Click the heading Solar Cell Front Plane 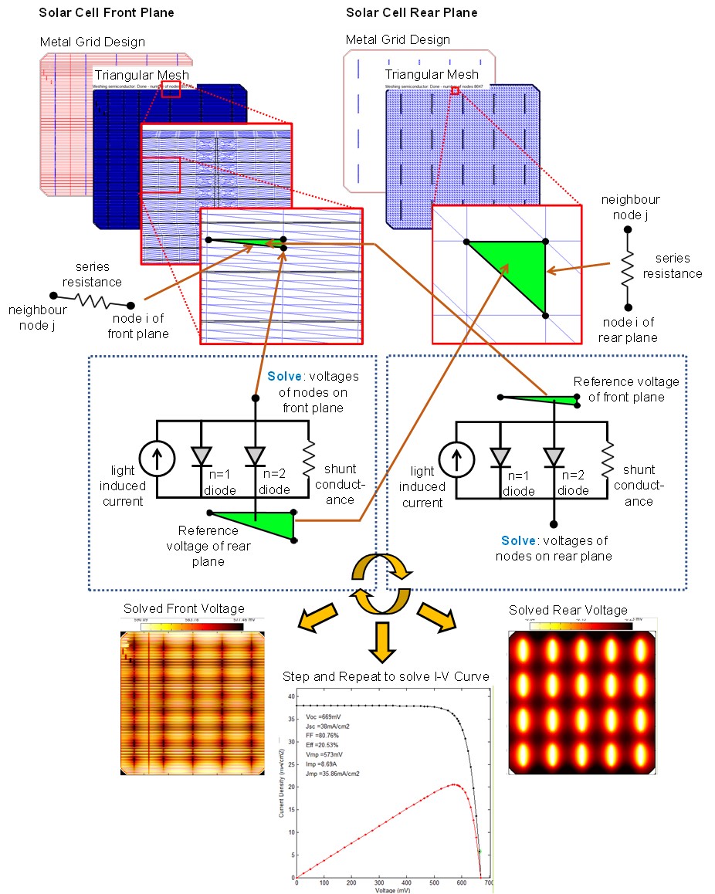pos(107,12)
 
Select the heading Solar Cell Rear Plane pos(412,12)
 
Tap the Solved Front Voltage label pos(184,609)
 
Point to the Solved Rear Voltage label pos(568,611)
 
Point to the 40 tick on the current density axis pos(291,696)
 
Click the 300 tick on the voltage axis pos(379,883)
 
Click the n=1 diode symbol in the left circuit pos(202,458)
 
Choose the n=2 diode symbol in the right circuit pos(554,458)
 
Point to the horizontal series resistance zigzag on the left pos(92,300)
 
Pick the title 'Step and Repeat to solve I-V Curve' pos(386,677)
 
